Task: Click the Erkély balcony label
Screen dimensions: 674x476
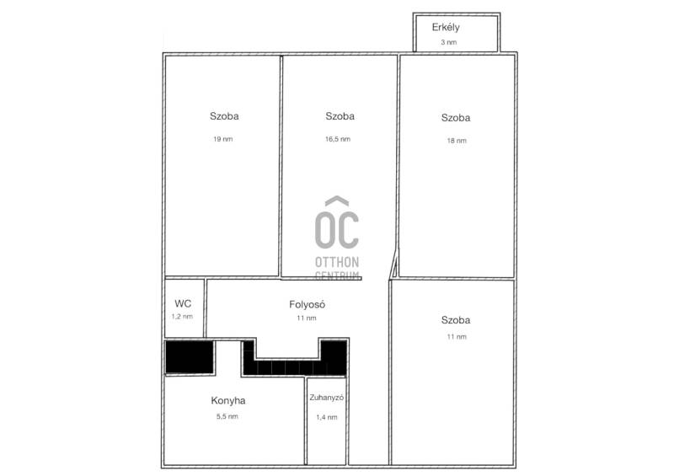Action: [446, 28]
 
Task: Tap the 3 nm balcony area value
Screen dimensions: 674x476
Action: [449, 42]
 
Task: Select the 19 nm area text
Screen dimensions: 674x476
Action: [223, 139]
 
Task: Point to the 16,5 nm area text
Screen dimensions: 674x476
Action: [338, 139]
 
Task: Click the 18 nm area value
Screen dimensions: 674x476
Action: [457, 141]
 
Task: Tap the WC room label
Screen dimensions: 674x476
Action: [183, 303]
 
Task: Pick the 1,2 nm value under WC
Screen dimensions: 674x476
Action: [182, 317]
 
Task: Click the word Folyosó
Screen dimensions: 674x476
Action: [307, 304]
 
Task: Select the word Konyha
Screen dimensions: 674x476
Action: [228, 401]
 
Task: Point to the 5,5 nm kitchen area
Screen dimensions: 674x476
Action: [227, 416]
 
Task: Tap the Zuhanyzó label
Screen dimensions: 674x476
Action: [327, 398]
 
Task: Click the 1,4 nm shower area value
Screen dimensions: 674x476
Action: [327, 417]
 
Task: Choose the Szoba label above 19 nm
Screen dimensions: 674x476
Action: [224, 116]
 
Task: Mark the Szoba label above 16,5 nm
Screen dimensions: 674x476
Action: [340, 116]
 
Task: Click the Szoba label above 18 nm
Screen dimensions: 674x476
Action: [456, 118]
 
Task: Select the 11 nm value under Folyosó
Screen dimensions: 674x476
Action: [307, 318]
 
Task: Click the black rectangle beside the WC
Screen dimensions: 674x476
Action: [190, 356]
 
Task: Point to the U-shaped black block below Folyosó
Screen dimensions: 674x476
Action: [294, 367]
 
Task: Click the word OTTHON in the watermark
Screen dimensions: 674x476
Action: [337, 262]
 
